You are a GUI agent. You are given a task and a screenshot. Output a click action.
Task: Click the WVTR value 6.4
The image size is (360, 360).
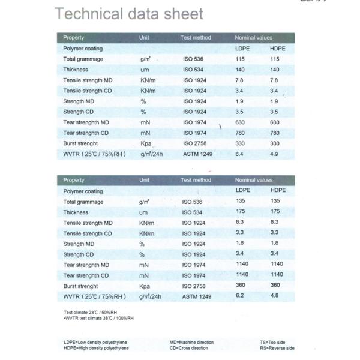239,154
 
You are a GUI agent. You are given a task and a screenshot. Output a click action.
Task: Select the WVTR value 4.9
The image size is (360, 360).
275,154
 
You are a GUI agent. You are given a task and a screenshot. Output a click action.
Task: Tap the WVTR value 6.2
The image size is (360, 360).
239,296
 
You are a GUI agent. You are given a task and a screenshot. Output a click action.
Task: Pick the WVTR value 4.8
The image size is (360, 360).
275,296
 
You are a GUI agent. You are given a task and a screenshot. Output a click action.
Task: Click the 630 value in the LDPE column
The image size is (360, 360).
241,122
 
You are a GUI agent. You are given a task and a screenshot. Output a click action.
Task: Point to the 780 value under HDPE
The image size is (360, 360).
275,133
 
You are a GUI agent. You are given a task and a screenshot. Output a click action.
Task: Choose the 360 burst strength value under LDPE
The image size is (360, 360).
241,286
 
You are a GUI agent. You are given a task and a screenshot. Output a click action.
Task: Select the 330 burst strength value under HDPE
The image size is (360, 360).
275,143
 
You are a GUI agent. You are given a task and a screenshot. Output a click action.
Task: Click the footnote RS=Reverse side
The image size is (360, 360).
277,348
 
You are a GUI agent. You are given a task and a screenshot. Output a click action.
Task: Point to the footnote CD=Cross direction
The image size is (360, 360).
189,348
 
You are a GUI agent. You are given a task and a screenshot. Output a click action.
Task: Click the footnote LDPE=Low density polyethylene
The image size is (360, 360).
95,343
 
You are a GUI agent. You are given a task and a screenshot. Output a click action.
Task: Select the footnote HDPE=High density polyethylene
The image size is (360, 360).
96,348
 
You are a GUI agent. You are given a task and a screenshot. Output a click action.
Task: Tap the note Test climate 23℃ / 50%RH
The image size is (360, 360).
90,313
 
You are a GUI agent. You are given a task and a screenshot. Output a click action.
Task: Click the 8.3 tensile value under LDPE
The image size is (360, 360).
241,222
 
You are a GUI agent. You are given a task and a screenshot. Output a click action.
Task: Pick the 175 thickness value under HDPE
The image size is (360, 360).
275,212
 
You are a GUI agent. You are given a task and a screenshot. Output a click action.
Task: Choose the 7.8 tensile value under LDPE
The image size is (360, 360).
240,80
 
